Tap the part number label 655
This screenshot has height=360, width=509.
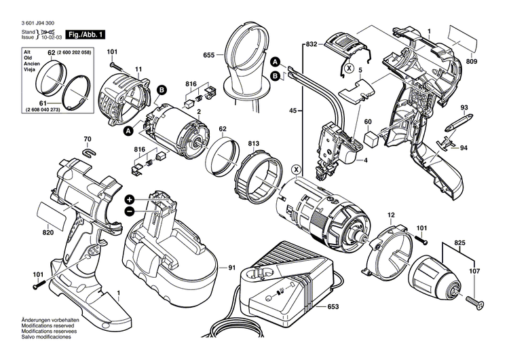point(208,55)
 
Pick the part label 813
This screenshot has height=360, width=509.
point(253,143)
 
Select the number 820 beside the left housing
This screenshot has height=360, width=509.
point(48,233)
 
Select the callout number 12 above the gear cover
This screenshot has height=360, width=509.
point(391,216)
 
